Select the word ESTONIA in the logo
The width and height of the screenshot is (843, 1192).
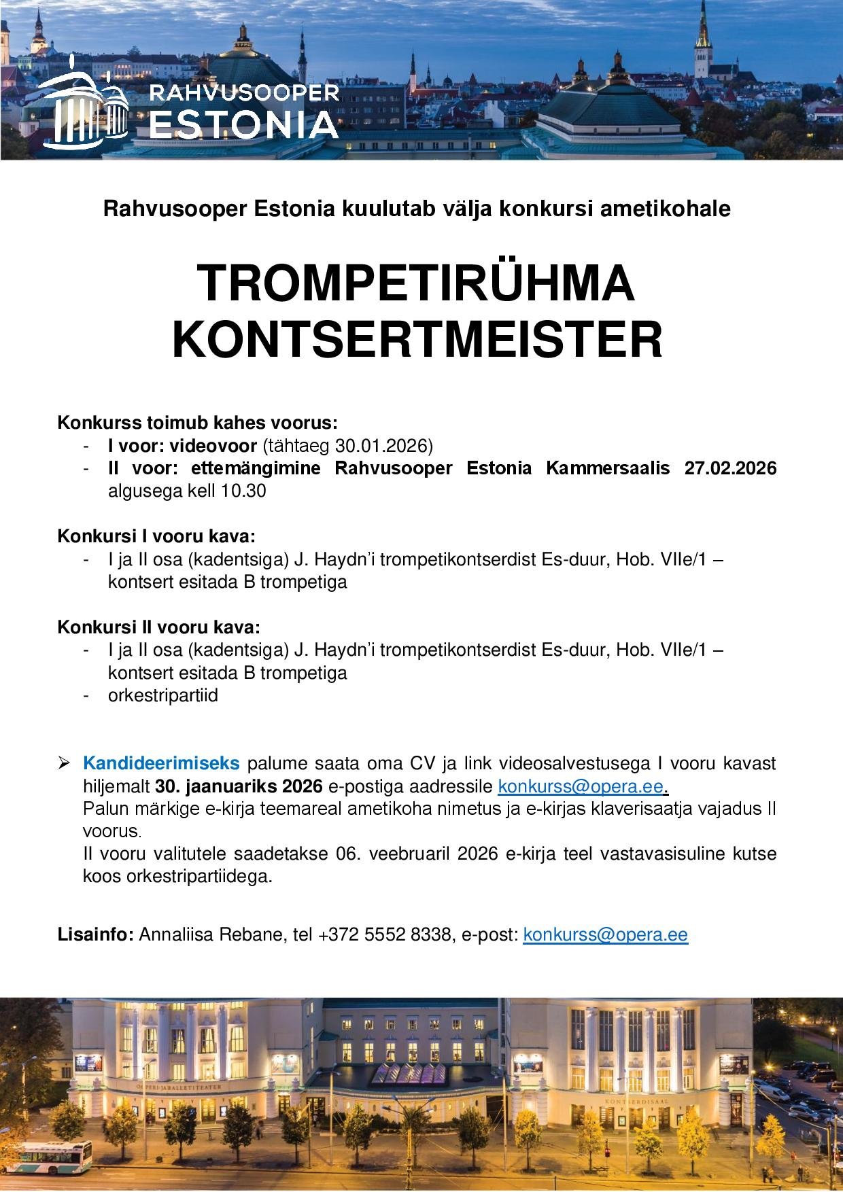(x=243, y=124)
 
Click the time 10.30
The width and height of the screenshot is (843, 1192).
(x=243, y=491)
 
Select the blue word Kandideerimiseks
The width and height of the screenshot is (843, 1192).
(x=161, y=763)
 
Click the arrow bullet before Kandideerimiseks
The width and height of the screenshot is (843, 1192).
(x=65, y=764)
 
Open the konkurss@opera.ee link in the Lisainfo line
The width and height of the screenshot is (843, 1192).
(x=605, y=934)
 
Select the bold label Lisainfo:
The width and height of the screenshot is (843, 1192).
(x=96, y=935)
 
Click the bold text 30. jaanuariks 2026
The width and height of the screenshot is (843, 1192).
(x=238, y=786)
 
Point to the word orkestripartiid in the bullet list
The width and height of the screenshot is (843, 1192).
(x=163, y=696)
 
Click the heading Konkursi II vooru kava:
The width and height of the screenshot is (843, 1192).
(x=158, y=626)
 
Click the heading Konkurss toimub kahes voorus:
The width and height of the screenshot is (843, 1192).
(x=197, y=423)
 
